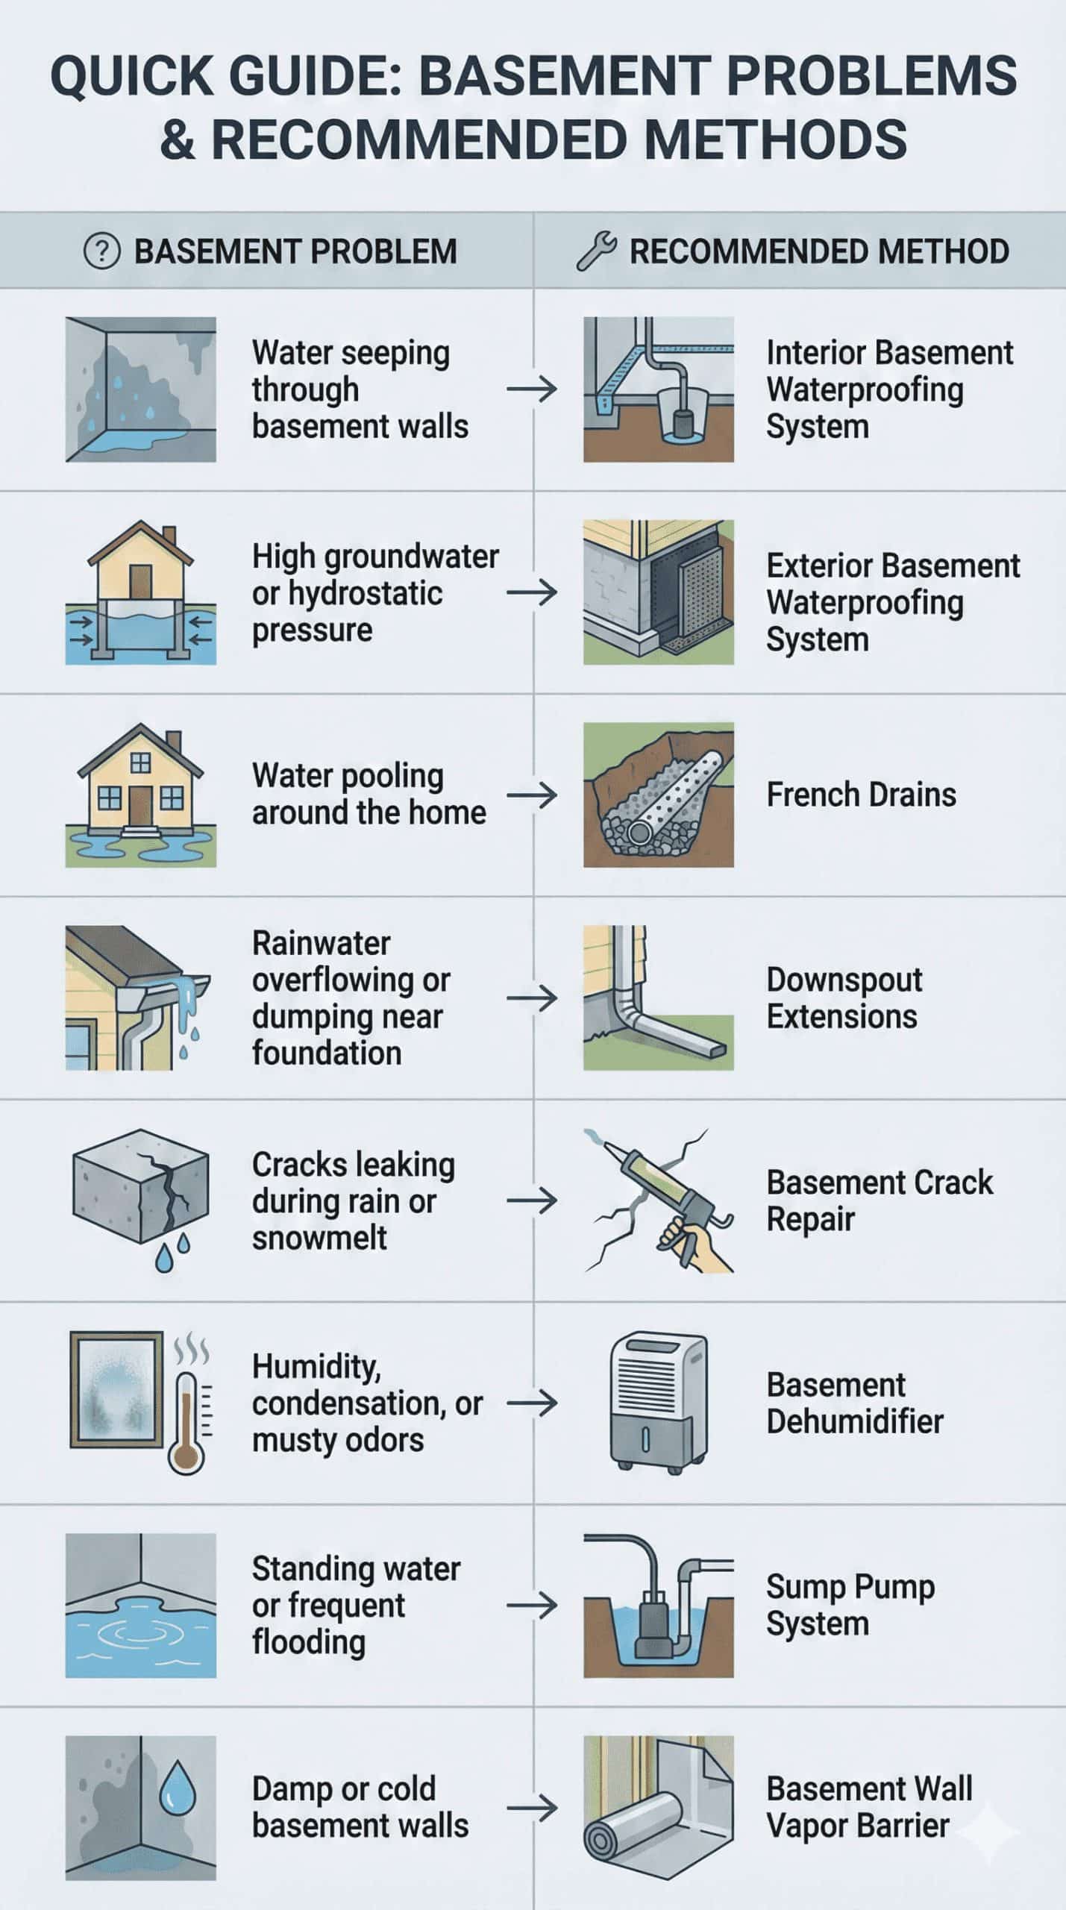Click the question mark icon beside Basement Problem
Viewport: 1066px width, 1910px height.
101,251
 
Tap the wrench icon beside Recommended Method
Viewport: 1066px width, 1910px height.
596,251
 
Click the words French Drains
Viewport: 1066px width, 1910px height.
861,795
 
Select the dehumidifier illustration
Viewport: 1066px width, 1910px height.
657,1403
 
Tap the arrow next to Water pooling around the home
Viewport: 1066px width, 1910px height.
531,795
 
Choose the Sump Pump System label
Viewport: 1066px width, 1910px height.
850,1605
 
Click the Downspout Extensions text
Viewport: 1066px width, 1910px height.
844,998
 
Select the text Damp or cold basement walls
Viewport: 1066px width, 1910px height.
360,1808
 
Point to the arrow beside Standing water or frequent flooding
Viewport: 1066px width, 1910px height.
531,1605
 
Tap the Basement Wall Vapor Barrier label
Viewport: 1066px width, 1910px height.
869,1808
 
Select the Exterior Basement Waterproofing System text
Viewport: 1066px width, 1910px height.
892,602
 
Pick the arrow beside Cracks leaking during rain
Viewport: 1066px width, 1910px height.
531,1200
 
